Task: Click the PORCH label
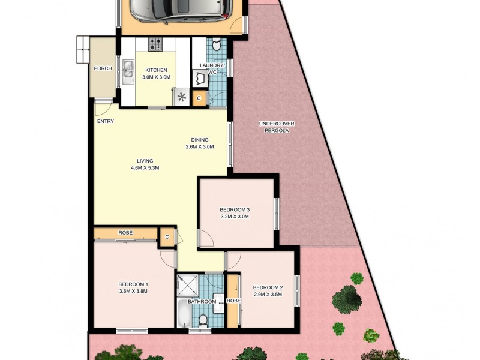click(x=103, y=68)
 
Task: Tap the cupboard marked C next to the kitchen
click(x=199, y=98)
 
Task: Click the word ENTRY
click(x=105, y=122)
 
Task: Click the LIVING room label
click(x=145, y=161)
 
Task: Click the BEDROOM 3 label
click(x=235, y=209)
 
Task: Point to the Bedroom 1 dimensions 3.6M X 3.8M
click(x=133, y=291)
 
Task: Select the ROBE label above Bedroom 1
click(x=125, y=233)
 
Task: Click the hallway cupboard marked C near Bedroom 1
click(x=167, y=238)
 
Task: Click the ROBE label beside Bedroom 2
click(x=233, y=301)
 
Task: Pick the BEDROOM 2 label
click(x=268, y=287)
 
